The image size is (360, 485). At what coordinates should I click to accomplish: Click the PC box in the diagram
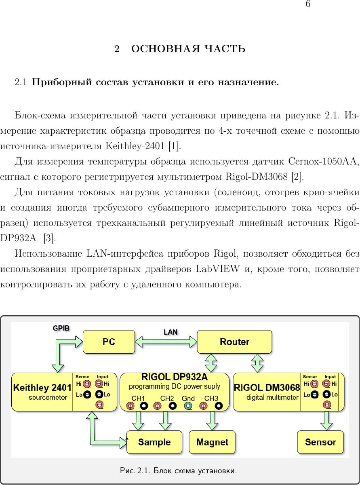pyautogui.click(x=109, y=342)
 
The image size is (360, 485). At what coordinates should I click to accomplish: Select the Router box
pyautogui.click(x=234, y=342)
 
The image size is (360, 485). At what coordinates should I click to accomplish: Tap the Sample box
pyautogui.click(x=154, y=442)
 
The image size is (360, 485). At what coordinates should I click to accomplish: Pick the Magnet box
pyautogui.click(x=212, y=442)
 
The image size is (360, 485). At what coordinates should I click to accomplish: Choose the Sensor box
pyautogui.click(x=320, y=442)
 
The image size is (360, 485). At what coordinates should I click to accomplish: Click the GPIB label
pyautogui.click(x=61, y=328)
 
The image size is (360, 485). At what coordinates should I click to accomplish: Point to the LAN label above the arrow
pyautogui.click(x=171, y=332)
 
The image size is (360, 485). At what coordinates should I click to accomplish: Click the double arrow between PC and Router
pyautogui.click(x=166, y=342)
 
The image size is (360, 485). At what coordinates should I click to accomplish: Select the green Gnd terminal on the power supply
pyautogui.click(x=188, y=406)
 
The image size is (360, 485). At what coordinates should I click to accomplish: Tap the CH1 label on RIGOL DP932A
pyautogui.click(x=138, y=399)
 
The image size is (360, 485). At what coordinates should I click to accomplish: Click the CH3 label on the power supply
pyautogui.click(x=211, y=399)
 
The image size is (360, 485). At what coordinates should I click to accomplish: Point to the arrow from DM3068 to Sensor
pyautogui.click(x=326, y=421)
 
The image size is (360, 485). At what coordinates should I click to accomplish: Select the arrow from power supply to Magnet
pyautogui.click(x=212, y=421)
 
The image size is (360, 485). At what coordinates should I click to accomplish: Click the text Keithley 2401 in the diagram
pyautogui.click(x=42, y=388)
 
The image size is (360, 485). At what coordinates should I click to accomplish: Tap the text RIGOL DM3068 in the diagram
pyautogui.click(x=267, y=388)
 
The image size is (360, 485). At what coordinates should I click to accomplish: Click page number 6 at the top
pyautogui.click(x=308, y=4)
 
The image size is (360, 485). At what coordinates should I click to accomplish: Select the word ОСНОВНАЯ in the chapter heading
pyautogui.click(x=166, y=48)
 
